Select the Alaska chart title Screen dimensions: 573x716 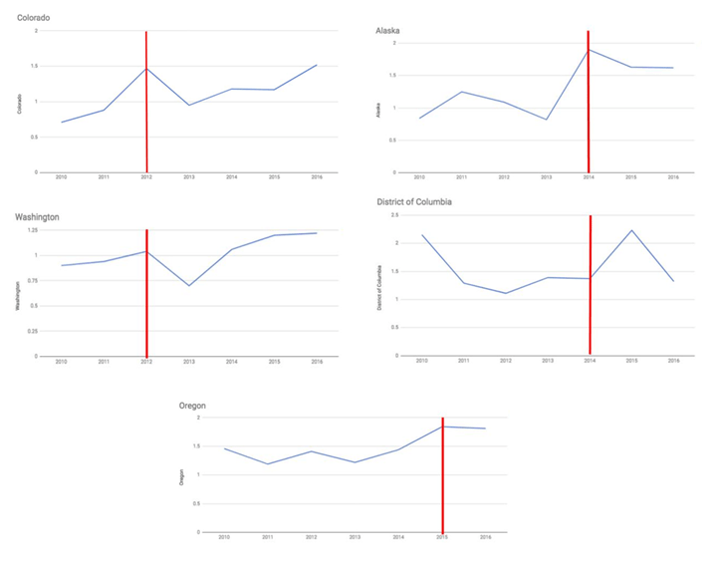(388, 31)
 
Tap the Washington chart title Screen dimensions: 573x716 (40, 216)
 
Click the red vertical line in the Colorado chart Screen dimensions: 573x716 (146, 100)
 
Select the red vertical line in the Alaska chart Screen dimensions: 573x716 (589, 100)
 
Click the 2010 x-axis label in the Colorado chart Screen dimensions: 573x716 (61, 177)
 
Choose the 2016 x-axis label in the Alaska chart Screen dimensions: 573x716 (673, 177)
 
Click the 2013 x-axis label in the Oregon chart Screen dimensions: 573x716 (355, 537)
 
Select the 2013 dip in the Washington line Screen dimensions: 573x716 (189, 286)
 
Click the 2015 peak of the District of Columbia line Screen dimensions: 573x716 (631, 230)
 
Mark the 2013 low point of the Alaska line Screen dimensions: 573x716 (547, 120)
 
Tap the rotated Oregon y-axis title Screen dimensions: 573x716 (181, 476)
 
